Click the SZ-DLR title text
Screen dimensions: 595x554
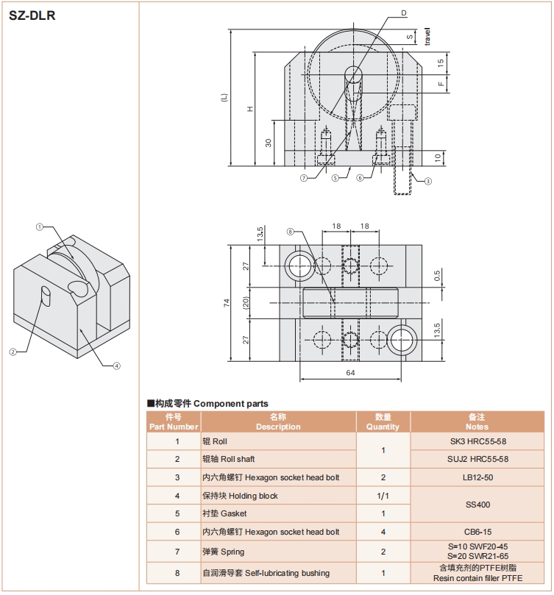click(x=32, y=14)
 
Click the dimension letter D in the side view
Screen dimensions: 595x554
click(x=404, y=13)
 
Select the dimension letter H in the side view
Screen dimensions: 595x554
click(x=251, y=109)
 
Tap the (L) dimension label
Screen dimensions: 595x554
click(x=224, y=97)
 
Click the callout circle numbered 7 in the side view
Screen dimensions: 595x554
click(x=303, y=177)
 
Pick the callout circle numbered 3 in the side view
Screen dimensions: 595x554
click(x=428, y=180)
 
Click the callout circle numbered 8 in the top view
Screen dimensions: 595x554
click(x=290, y=232)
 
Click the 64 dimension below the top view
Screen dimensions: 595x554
click(x=350, y=374)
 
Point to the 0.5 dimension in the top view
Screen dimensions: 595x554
click(x=437, y=277)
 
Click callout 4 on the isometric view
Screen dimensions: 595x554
click(x=116, y=366)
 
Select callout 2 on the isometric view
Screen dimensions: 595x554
click(x=13, y=352)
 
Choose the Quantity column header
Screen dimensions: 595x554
click(x=383, y=421)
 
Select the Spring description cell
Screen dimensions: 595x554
click(x=278, y=552)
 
